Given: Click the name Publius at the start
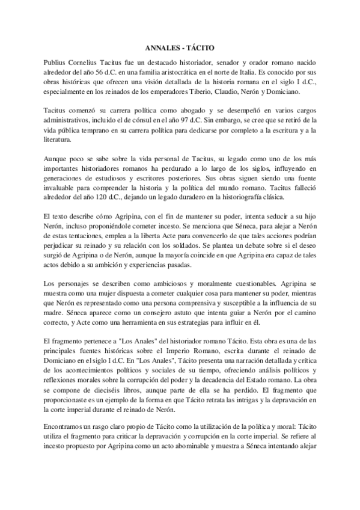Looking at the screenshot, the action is coord(57,63).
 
